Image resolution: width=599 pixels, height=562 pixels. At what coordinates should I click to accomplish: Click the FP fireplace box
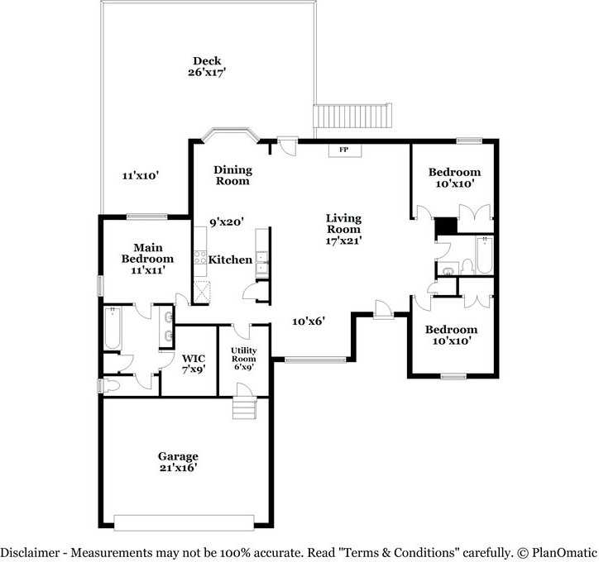point(345,150)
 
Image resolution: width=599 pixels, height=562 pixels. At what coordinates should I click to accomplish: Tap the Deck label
point(207,60)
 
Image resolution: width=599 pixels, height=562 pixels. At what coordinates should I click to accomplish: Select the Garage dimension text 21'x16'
point(178,468)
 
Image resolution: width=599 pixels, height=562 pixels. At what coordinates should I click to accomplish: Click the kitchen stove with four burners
point(199,258)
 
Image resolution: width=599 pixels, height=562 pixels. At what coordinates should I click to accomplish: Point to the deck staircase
point(352,116)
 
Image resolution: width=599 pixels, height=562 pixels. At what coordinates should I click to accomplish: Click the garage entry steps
point(245,408)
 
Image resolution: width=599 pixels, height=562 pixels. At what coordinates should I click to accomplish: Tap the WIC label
point(194,358)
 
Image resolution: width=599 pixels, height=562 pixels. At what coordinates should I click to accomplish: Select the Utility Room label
point(244,355)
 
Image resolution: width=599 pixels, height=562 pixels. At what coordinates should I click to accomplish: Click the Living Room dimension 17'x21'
point(343,241)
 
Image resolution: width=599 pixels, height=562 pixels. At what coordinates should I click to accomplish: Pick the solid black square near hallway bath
point(446,226)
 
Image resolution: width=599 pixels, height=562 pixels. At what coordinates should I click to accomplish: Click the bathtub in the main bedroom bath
point(113,328)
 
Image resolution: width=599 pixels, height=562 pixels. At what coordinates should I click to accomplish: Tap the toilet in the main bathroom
point(110,385)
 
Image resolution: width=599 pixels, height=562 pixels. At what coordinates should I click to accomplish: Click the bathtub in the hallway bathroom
point(484,255)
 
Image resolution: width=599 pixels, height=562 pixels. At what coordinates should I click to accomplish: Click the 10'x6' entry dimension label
point(309,321)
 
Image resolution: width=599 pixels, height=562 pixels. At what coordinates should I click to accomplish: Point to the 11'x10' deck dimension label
point(140,175)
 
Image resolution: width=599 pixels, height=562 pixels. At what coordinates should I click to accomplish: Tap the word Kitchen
point(230,260)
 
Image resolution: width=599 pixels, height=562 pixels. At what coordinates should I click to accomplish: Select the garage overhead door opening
point(184,522)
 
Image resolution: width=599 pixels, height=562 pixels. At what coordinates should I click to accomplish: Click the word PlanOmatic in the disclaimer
point(564,552)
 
